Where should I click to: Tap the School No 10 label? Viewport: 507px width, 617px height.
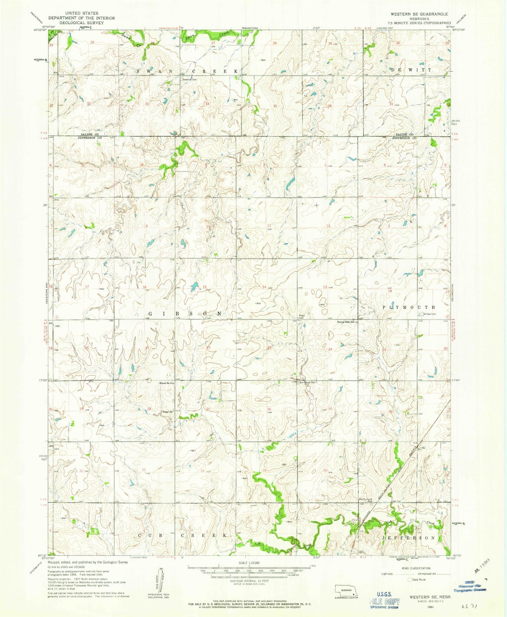[x=166, y=383]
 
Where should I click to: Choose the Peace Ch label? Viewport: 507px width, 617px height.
[x=167, y=412]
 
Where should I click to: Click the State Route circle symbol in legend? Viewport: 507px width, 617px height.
[x=409, y=580]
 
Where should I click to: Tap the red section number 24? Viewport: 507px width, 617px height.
[x=330, y=350]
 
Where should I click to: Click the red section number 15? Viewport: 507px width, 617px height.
[x=204, y=287]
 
